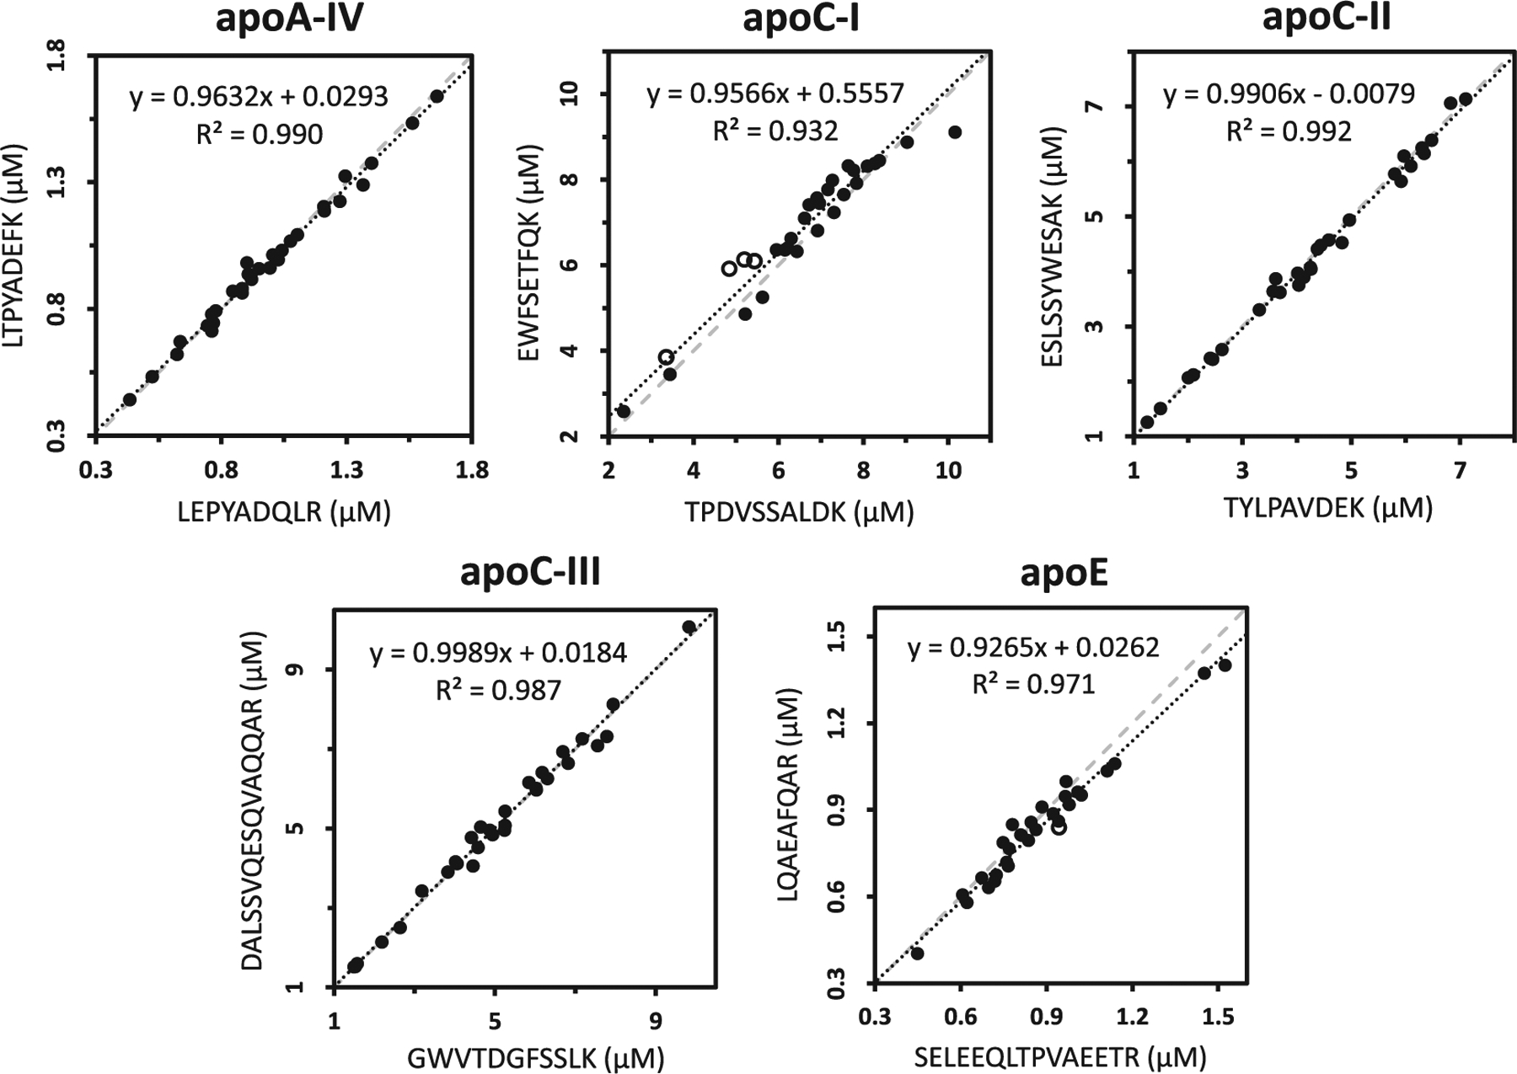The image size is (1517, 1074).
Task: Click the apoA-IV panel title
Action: pyautogui.click(x=289, y=19)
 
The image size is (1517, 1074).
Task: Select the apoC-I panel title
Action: pyautogui.click(x=801, y=19)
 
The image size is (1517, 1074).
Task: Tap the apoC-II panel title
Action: pyautogui.click(x=1326, y=18)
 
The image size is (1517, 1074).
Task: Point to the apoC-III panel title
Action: pyautogui.click(x=530, y=572)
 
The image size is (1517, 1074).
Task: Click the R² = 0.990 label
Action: pyautogui.click(x=260, y=133)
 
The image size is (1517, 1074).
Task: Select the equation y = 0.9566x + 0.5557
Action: pyautogui.click(x=775, y=93)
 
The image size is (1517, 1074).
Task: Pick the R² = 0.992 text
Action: pyautogui.click(x=1289, y=131)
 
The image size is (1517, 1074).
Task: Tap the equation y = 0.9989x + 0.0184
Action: pyautogui.click(x=498, y=653)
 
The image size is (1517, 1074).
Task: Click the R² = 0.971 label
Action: pyautogui.click(x=1033, y=684)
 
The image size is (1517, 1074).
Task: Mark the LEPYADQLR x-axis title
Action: pyautogui.click(x=284, y=511)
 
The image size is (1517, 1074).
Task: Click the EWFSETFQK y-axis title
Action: pyautogui.click(x=529, y=253)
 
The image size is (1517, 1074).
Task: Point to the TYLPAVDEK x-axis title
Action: pyautogui.click(x=1327, y=508)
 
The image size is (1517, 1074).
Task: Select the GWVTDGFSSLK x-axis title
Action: pyautogui.click(x=536, y=1058)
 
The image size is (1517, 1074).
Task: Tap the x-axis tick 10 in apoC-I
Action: pyautogui.click(x=948, y=469)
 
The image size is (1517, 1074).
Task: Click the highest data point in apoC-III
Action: pyautogui.click(x=689, y=628)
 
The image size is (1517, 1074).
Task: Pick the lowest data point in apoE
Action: pyautogui.click(x=917, y=954)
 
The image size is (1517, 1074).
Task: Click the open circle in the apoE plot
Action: pyautogui.click(x=1059, y=827)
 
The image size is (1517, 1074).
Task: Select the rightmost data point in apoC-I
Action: pyautogui.click(x=955, y=132)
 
